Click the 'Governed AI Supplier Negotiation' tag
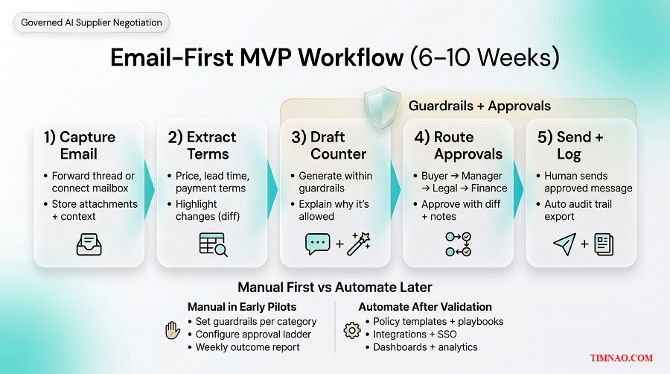(92, 22)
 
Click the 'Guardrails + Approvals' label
(479, 106)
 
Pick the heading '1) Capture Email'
(80, 145)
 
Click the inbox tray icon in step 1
(89, 244)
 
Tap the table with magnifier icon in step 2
(213, 244)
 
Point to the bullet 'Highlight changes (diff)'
(207, 210)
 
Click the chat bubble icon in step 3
(318, 244)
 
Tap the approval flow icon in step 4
(457, 244)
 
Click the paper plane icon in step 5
(564, 244)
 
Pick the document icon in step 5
(603, 244)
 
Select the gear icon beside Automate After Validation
(351, 329)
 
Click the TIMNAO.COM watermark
(622, 358)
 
